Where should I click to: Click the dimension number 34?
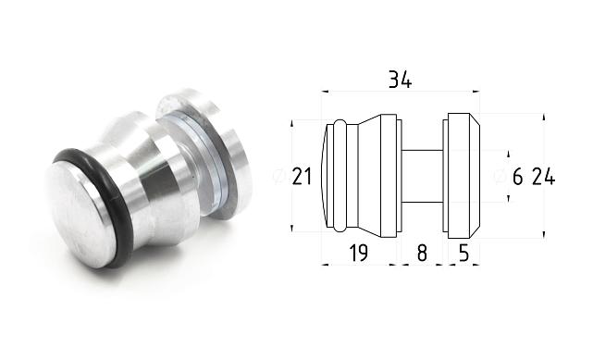tap(399, 80)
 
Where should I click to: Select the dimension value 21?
tap(302, 177)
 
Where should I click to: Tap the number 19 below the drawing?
tap(360, 253)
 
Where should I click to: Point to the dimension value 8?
tap(422, 253)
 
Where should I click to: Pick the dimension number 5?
tap(463, 253)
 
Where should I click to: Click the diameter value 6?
tap(517, 177)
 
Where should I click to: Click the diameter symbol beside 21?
tap(279, 177)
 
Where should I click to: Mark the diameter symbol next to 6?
tap(500, 177)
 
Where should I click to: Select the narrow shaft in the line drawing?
tap(422, 176)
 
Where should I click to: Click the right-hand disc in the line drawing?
tap(462, 176)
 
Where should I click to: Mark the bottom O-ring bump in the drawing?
tap(340, 227)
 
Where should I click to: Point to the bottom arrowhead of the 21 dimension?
tap(292, 229)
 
